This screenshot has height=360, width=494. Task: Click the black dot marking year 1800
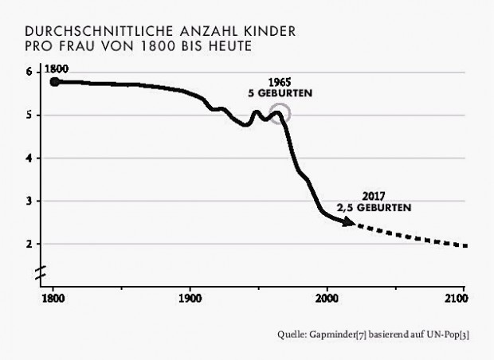click(x=54, y=81)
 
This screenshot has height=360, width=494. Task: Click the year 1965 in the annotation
click(x=282, y=83)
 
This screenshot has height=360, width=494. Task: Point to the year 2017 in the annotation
click(x=374, y=197)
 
